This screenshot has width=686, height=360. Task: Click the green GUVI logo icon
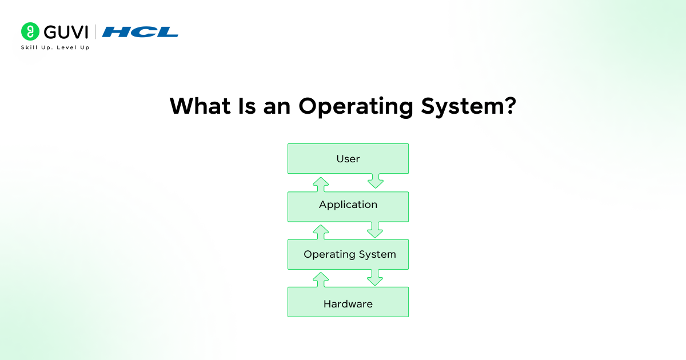pos(30,31)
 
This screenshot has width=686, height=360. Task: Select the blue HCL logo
pos(140,32)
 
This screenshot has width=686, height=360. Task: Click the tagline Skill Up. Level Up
pos(55,47)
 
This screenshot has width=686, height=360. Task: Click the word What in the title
pos(197,106)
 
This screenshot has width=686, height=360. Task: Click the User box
pos(348,158)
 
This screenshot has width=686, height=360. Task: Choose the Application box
pos(348,206)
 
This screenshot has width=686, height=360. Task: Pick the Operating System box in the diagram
pos(348,254)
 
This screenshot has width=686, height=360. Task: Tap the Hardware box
pos(348,302)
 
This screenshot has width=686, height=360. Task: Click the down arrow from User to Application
pos(375,182)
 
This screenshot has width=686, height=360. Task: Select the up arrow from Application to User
pos(321,183)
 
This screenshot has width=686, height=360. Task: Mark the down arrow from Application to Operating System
pos(375,230)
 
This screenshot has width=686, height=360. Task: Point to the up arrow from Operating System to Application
pos(321,231)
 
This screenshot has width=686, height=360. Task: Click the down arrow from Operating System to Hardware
pos(375,278)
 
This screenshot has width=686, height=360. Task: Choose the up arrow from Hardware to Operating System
pos(321,279)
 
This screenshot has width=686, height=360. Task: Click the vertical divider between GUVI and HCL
pos(95,31)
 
